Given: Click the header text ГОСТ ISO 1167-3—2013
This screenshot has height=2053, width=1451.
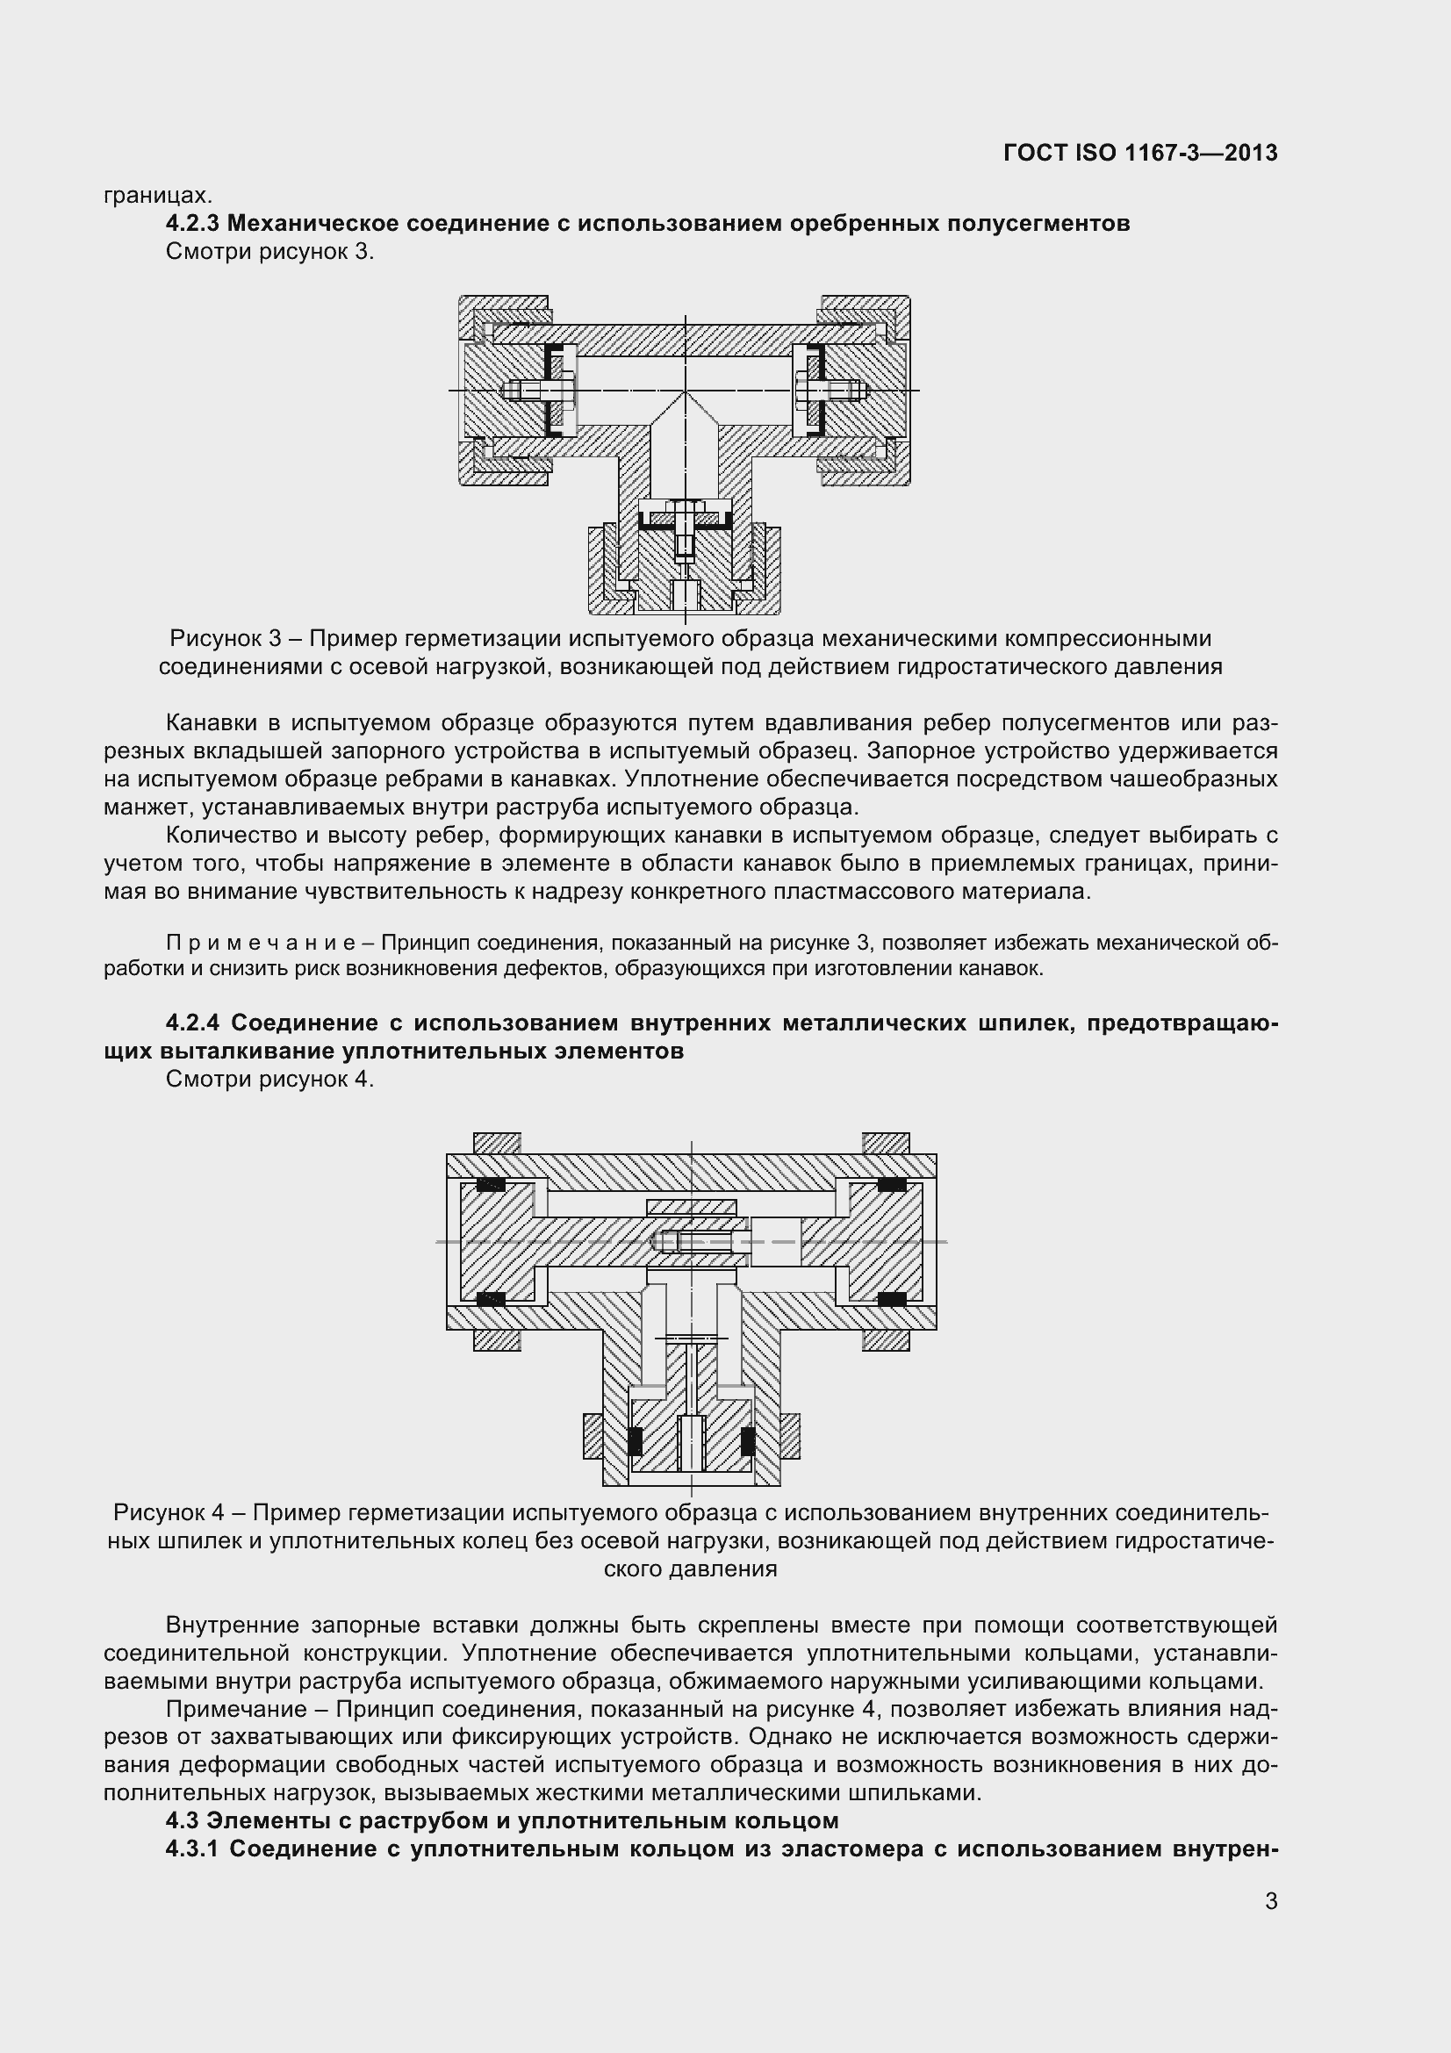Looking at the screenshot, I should point(1140,153).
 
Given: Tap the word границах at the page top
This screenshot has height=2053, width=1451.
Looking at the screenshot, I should point(157,195).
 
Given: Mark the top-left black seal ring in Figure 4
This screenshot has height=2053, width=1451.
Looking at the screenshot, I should point(490,1186).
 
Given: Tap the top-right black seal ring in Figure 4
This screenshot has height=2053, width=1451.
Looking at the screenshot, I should point(891,1186).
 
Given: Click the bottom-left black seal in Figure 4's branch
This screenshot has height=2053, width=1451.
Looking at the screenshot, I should point(635,1440).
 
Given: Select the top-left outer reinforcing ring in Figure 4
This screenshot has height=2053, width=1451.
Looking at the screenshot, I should point(496,1143).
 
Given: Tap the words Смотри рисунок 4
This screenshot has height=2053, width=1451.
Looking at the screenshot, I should point(270,1080).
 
